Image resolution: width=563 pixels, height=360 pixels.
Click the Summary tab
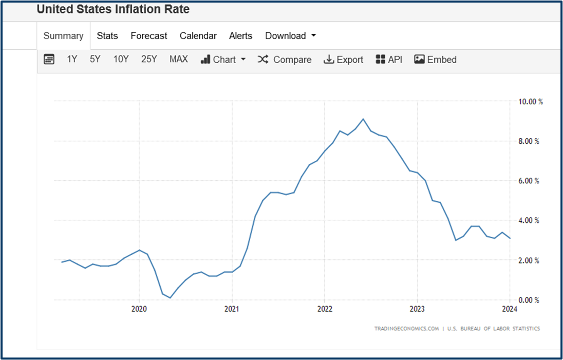click(63, 36)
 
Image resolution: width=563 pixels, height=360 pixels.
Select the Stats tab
click(107, 36)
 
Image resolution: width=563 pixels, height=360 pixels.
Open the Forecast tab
click(149, 36)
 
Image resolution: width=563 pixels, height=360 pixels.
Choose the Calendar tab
click(198, 36)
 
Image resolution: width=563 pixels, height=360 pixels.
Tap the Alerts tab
click(240, 36)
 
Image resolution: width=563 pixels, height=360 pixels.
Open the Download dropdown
click(290, 36)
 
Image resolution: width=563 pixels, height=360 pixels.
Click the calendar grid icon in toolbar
click(49, 60)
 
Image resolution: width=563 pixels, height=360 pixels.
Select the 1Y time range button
click(72, 60)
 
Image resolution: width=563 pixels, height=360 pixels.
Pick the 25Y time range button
click(149, 60)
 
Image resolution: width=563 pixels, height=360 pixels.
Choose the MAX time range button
click(179, 60)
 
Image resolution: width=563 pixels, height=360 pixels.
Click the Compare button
click(285, 60)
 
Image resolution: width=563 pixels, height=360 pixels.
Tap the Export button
click(343, 60)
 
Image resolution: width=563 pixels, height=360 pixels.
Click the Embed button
click(435, 60)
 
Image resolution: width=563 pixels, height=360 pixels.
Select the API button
click(389, 60)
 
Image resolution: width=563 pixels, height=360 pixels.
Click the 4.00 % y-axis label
click(529, 221)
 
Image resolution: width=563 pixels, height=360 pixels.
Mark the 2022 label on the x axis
click(325, 309)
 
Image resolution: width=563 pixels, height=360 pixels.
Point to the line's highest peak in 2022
click(363, 119)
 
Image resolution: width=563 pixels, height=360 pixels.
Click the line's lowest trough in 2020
click(170, 298)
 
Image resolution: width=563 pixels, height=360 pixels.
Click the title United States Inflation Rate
click(113, 9)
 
